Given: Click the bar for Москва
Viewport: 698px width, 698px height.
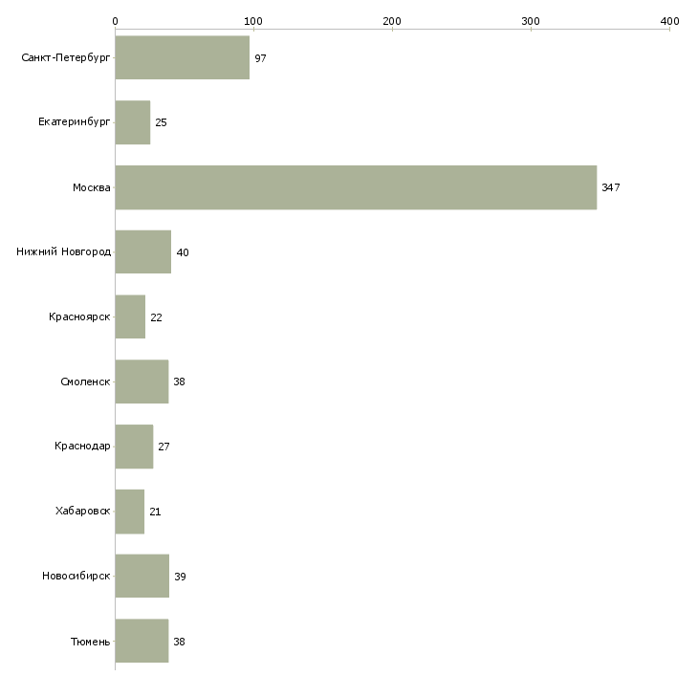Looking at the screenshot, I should pyautogui.click(x=356, y=187).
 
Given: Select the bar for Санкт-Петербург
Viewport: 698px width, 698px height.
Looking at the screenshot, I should pyautogui.click(x=182, y=58).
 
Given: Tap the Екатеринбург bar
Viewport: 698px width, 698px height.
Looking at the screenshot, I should pyautogui.click(x=133, y=122).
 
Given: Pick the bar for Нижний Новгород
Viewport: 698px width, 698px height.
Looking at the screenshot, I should pyautogui.click(x=143, y=252).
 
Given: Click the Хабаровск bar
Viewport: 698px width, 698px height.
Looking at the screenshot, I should pyautogui.click(x=130, y=512).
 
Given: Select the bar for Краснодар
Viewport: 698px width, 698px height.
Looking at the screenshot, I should pyautogui.click(x=134, y=447).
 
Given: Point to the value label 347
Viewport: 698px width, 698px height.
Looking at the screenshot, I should pyautogui.click(x=611, y=187).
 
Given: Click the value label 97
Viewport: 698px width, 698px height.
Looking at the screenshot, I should pyautogui.click(x=260, y=58).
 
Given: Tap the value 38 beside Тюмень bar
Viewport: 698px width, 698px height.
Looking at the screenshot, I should pyautogui.click(x=179, y=642).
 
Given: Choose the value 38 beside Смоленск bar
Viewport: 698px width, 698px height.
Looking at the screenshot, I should pyautogui.click(x=179, y=382).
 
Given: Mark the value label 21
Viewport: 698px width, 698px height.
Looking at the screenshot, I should pyautogui.click(x=155, y=512).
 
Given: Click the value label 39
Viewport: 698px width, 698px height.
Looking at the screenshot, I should pyautogui.click(x=180, y=577).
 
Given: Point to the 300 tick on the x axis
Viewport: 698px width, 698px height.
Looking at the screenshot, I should pyautogui.click(x=531, y=20).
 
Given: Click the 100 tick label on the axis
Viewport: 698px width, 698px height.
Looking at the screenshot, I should pyautogui.click(x=253, y=20).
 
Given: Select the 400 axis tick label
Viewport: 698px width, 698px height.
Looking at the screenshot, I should pyautogui.click(x=669, y=20).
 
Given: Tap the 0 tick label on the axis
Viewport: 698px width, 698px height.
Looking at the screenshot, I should pyautogui.click(x=115, y=20).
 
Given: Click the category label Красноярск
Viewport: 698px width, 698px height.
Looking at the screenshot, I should pyautogui.click(x=79, y=317).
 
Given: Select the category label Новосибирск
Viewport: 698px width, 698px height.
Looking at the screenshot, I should pyautogui.click(x=76, y=577).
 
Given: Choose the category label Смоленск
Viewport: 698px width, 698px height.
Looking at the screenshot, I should pyautogui.click(x=85, y=382).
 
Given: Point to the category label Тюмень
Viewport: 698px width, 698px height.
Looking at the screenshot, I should pyautogui.click(x=90, y=642).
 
